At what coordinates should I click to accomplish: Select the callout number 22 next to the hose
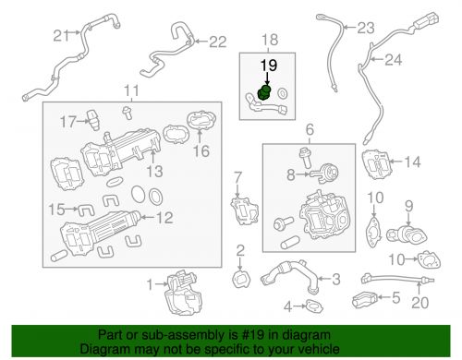[x=216, y=41]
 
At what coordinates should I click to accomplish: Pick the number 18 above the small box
[x=269, y=41]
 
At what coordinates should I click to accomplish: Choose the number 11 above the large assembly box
[x=132, y=90]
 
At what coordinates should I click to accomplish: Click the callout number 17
[x=67, y=121]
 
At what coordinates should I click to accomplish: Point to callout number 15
[x=56, y=208]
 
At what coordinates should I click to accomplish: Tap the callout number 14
[x=411, y=163]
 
